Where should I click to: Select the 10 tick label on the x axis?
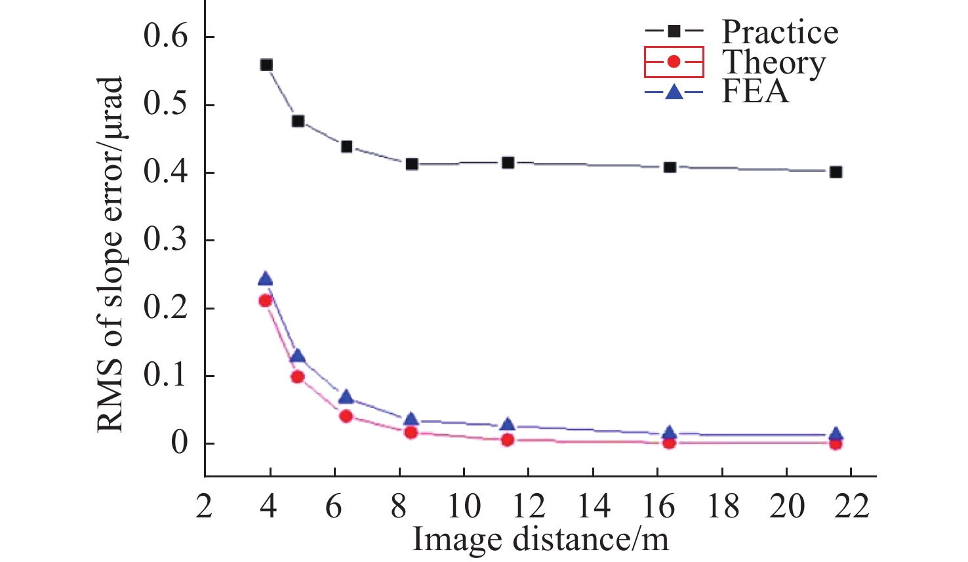click(464, 506)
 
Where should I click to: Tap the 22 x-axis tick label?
click(851, 506)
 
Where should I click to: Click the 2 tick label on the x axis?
click(205, 506)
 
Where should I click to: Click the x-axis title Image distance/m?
click(540, 539)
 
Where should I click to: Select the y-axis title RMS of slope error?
click(111, 254)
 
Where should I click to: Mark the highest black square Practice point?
click(266, 65)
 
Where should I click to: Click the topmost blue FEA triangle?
click(266, 279)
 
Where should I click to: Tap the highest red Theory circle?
click(266, 300)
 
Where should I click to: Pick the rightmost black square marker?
click(836, 172)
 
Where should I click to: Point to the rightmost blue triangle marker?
click(836, 434)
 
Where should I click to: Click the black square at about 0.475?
click(298, 121)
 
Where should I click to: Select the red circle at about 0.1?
click(297, 376)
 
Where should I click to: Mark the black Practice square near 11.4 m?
click(508, 163)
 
